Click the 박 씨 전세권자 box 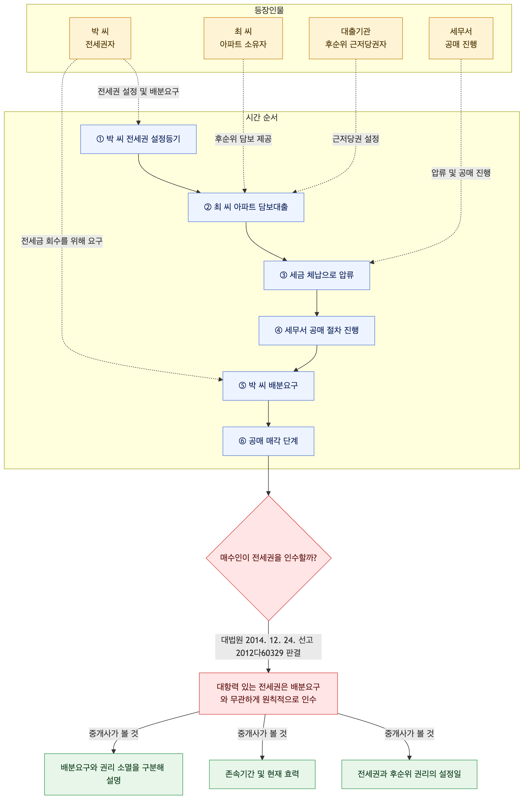tap(100, 38)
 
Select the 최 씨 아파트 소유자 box tap(243, 38)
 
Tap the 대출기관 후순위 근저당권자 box tap(356, 38)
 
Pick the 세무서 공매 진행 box tap(461, 38)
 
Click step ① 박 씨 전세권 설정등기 tap(138, 139)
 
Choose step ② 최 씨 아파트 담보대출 tap(246, 207)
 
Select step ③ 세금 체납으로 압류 tap(317, 275)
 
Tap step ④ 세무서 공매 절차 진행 tap(317, 331)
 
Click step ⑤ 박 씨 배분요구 tap(268, 386)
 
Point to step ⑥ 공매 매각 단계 tap(268, 441)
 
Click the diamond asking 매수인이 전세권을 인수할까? tap(268, 558)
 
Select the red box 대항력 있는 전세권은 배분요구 tap(268, 693)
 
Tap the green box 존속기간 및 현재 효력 tap(262, 774)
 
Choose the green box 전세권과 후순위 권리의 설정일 tap(409, 774)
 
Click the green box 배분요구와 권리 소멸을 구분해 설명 tap(113, 774)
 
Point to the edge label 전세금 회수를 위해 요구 tap(62, 241)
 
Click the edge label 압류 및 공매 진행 tap(461, 173)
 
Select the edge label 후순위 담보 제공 tap(243, 139)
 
